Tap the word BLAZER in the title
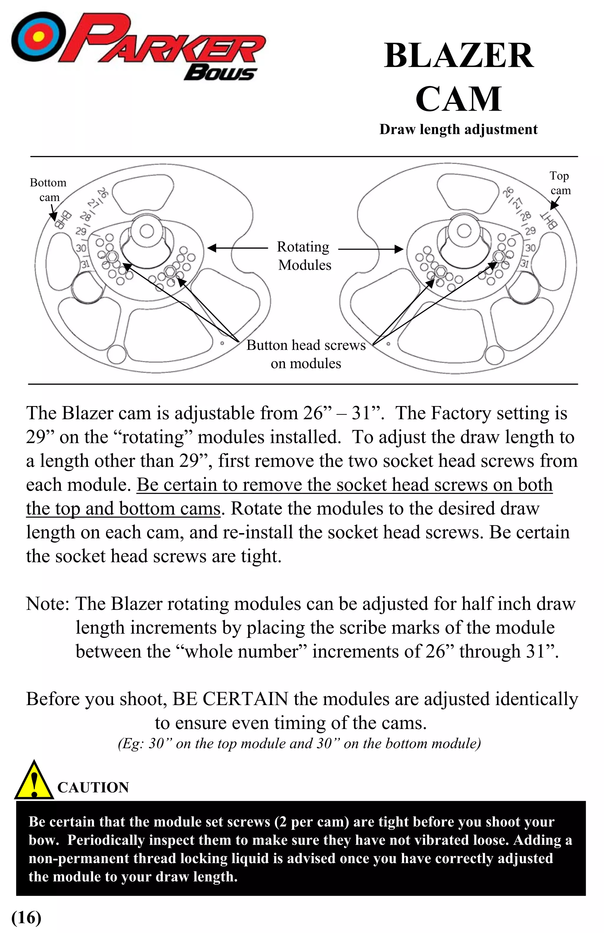pos(459,56)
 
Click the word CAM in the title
pos(458,99)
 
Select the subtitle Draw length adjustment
pos(458,129)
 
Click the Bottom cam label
pos(48,190)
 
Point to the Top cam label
pos(560,183)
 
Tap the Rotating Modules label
pos(304,256)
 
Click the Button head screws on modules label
pos(306,354)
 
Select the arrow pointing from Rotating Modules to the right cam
pos(370,249)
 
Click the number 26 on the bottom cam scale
pos(103,192)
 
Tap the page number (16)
pos(26,917)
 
